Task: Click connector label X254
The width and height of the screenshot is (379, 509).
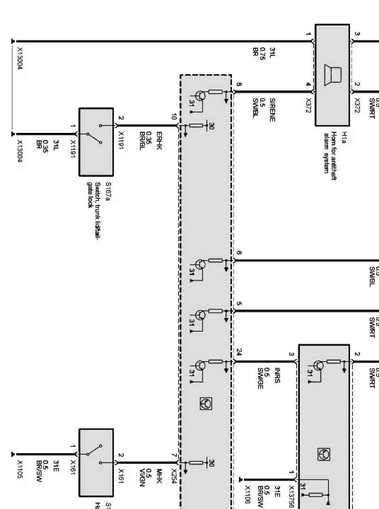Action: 173,473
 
